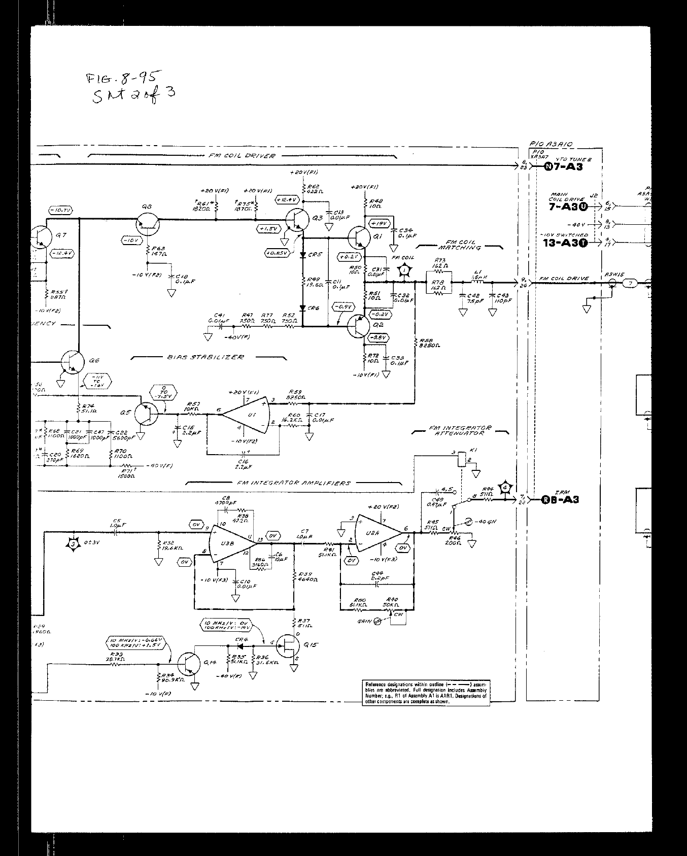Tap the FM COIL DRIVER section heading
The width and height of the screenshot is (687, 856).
coord(242,155)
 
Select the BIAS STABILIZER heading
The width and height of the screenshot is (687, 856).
coord(205,357)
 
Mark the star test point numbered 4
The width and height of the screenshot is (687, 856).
coord(505,488)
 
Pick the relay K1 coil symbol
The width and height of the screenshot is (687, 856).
coord(461,459)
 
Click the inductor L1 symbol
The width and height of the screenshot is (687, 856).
coord(476,282)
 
